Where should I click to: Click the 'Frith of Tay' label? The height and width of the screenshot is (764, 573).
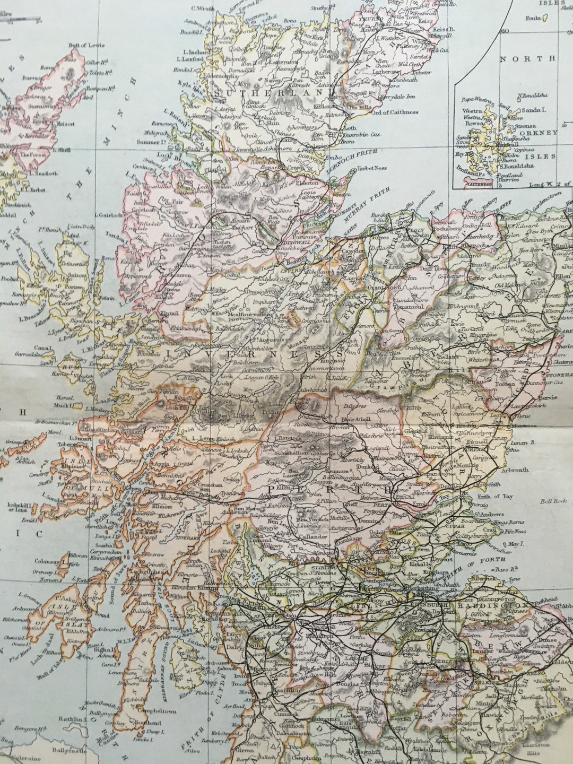496,497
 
